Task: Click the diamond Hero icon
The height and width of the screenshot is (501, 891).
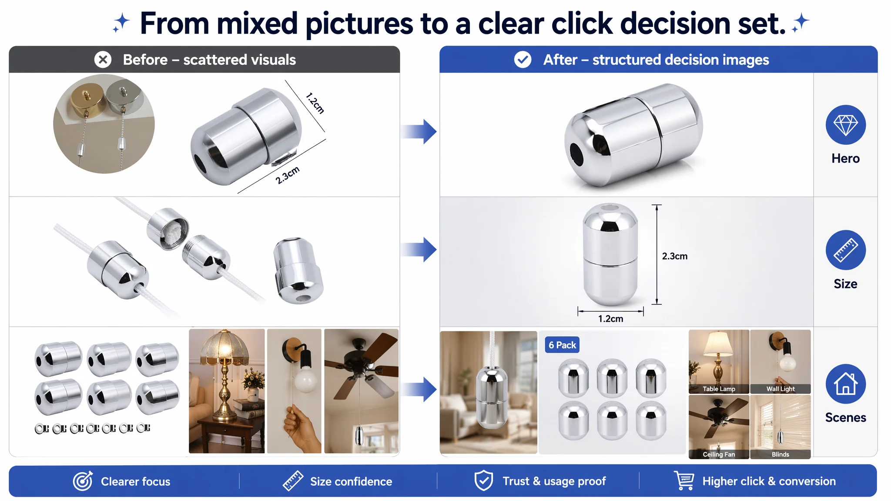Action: (845, 125)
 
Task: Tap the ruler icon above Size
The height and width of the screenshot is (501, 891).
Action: (845, 250)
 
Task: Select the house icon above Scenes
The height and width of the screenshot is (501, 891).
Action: (845, 384)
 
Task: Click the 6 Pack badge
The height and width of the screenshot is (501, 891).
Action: (562, 345)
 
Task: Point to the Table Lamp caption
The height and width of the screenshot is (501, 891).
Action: (719, 389)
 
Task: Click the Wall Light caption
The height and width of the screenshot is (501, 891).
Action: (780, 389)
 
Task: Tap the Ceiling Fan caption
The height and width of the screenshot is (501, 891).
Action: (719, 454)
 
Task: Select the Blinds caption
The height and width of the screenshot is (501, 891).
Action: (780, 454)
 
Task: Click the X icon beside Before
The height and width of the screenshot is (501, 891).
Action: (103, 60)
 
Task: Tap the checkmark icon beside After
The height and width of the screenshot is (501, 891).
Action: (523, 60)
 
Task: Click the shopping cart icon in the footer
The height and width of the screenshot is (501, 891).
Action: (684, 481)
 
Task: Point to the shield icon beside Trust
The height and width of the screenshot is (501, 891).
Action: (483, 481)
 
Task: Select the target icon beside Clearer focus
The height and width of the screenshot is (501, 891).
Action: (83, 481)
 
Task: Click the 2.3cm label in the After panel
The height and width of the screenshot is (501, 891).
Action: (675, 256)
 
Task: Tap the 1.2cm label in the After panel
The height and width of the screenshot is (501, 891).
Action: (610, 319)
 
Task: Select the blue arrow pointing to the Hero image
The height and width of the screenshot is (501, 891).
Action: (419, 131)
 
